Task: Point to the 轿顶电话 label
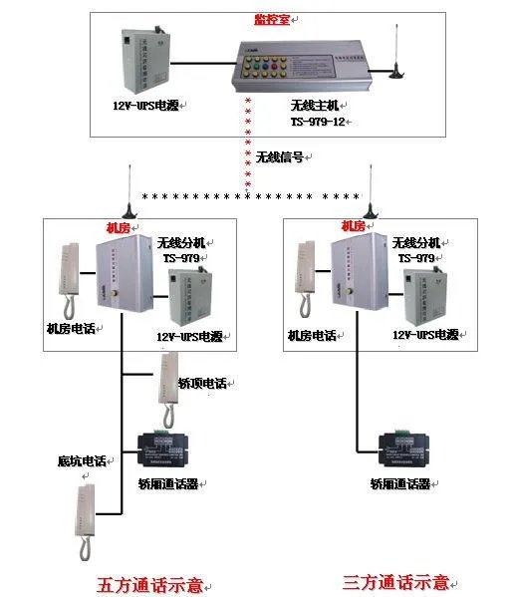click(x=202, y=383)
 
